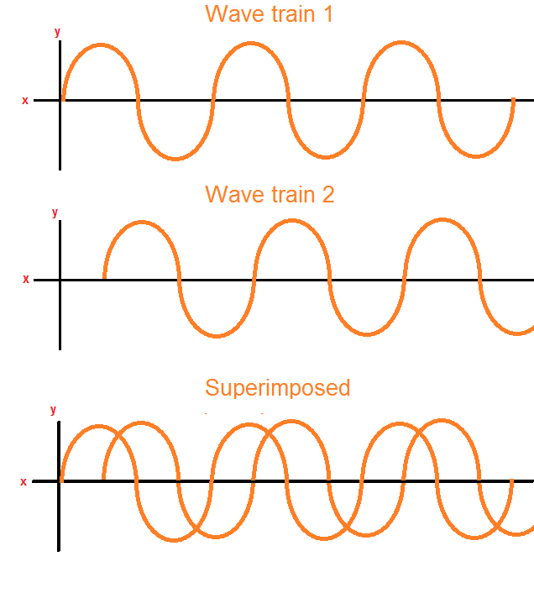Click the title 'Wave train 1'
point(269,14)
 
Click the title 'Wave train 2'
point(270,194)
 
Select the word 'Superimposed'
point(277,388)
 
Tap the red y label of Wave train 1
point(57,32)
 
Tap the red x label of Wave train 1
point(25,100)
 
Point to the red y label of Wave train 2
point(55,213)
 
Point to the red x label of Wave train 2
point(25,279)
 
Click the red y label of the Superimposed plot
point(54,410)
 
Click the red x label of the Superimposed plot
point(24,481)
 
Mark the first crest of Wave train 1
point(101,45)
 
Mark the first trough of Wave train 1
point(175,157)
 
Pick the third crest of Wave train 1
point(401,43)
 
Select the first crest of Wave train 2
point(141,223)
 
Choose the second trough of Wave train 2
point(366,335)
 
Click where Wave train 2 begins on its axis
point(104,278)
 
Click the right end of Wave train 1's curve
point(513,100)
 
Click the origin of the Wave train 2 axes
point(60,280)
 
